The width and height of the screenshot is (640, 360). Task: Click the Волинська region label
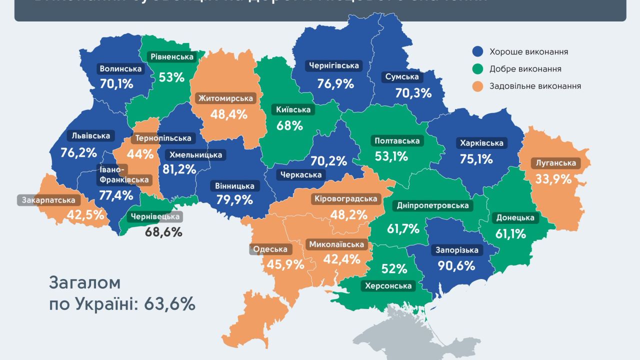point(120,69)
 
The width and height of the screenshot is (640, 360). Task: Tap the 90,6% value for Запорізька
point(456,265)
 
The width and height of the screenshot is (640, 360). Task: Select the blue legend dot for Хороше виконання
point(478,51)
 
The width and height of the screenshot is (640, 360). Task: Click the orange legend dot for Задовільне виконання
point(478,86)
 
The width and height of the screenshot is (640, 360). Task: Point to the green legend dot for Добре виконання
point(478,69)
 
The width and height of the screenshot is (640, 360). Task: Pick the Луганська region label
point(555,163)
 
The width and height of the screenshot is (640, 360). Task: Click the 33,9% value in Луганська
point(553,178)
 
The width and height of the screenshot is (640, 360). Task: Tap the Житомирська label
point(225,98)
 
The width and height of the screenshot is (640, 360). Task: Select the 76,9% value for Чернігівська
point(335,83)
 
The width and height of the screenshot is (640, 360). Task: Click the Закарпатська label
point(49,200)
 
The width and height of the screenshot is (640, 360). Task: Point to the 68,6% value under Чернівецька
point(163,232)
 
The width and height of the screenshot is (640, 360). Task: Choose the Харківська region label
point(480,143)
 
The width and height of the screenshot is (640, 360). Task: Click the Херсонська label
point(388,286)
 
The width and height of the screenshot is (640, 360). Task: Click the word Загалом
point(85,282)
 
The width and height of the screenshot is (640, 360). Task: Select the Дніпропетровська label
point(433,205)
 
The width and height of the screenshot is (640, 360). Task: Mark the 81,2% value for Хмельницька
point(179,169)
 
